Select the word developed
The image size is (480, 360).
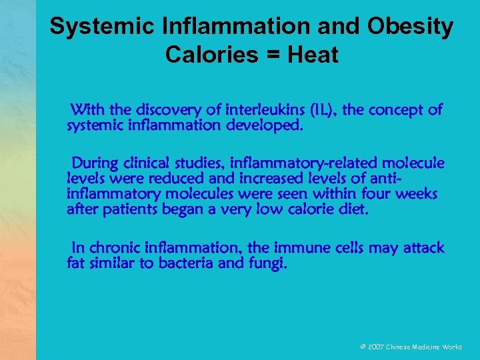pyautogui.click(x=267, y=124)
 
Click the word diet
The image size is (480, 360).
pyautogui.click(x=352, y=209)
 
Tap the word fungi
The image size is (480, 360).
pyautogui.click(x=268, y=263)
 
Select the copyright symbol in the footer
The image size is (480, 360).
pyautogui.click(x=363, y=348)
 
